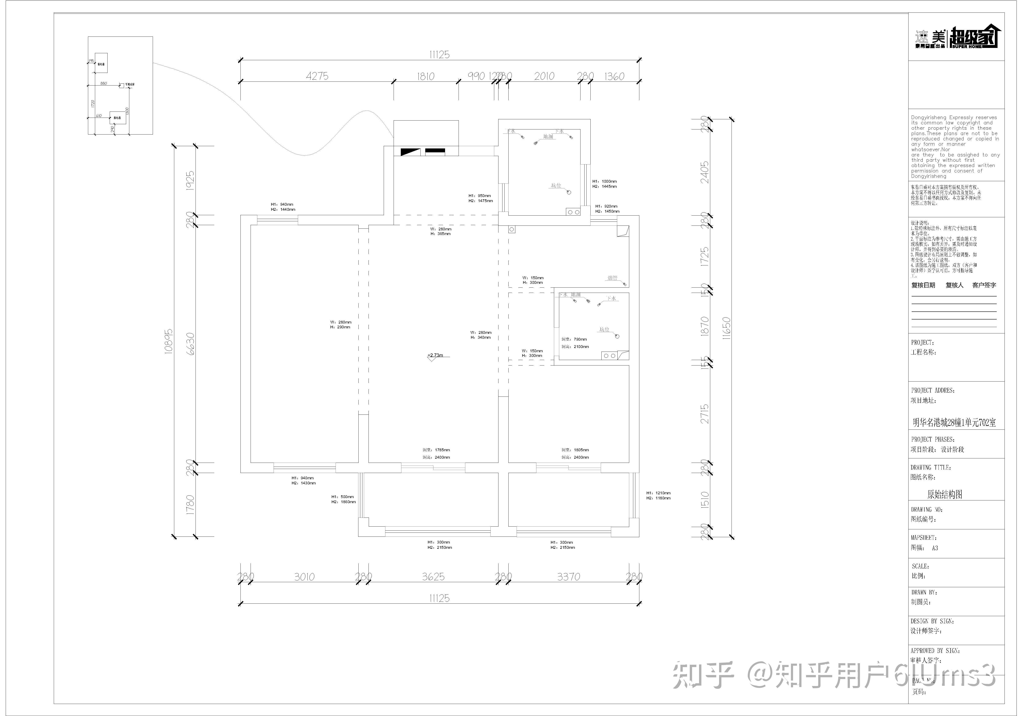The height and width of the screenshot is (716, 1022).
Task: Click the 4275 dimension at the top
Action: point(317,76)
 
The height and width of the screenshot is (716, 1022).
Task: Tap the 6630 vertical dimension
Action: point(190,344)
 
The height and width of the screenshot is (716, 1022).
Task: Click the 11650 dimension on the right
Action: point(726,328)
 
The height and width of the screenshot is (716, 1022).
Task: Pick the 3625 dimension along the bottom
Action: point(433,577)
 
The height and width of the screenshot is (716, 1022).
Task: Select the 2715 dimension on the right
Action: point(705,414)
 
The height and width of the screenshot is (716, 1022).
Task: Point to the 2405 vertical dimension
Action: point(705,172)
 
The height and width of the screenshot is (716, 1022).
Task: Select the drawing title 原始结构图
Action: point(945,494)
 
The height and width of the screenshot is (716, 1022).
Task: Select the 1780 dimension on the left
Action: point(190,505)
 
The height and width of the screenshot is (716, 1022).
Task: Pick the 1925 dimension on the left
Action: point(190,181)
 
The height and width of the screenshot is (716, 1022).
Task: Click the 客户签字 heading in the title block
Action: point(984,285)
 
